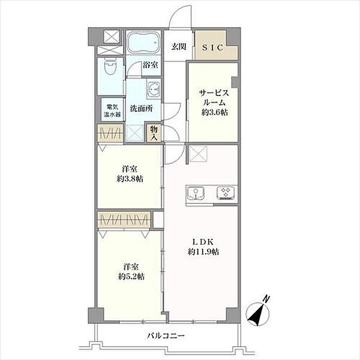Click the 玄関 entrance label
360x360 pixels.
(x=179, y=47)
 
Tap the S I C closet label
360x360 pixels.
(x=212, y=47)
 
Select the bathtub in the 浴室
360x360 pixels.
(x=143, y=43)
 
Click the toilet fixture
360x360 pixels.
(x=110, y=66)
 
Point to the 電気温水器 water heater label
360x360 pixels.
(x=112, y=110)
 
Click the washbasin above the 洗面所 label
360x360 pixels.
(x=154, y=89)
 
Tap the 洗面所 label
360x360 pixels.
(x=142, y=109)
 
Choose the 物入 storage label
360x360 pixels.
(x=154, y=133)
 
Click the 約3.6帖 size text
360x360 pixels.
(x=215, y=112)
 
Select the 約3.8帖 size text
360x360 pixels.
(x=130, y=179)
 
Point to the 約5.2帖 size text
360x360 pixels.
(x=131, y=277)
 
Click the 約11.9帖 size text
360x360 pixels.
(x=203, y=252)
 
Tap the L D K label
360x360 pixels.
(x=203, y=242)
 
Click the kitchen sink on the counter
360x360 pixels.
(x=196, y=193)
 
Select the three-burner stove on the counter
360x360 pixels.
(x=226, y=192)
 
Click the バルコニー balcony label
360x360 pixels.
(x=166, y=336)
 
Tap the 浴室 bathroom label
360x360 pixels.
(x=151, y=65)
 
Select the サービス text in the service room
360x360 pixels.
(x=214, y=93)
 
